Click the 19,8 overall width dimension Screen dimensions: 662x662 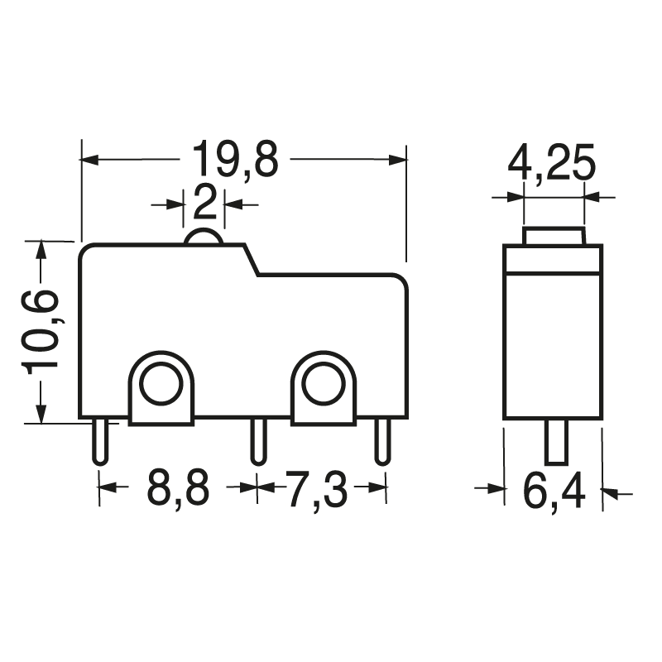click(235, 159)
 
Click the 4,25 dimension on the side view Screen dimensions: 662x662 click(552, 163)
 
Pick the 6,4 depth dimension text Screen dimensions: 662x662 click(554, 493)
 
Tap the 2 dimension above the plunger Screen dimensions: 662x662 click(204, 201)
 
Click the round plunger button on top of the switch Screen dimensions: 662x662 click(204, 237)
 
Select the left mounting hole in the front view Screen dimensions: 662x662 click(161, 383)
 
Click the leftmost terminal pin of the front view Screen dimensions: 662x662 click(99, 441)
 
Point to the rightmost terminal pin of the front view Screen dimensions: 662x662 click(381, 441)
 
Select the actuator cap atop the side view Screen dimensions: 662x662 click(554, 235)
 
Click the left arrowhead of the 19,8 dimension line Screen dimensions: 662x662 click(90, 158)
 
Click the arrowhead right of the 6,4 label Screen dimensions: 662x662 click(611, 493)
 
